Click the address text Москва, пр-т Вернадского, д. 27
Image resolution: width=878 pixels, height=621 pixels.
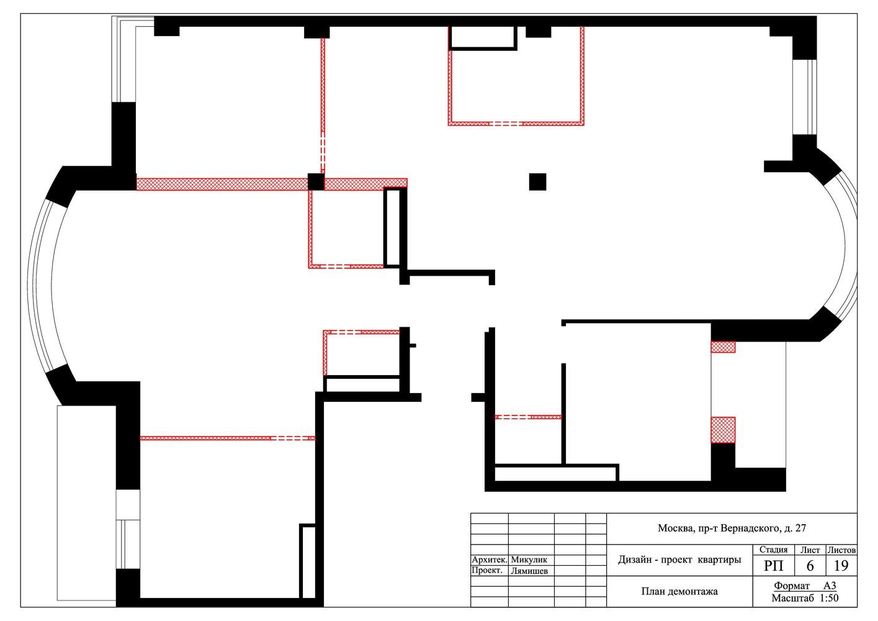(x=732, y=528)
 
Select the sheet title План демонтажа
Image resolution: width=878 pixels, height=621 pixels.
(x=679, y=592)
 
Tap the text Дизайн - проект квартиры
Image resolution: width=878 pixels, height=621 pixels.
(x=679, y=560)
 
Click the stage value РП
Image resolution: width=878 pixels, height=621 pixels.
(x=774, y=566)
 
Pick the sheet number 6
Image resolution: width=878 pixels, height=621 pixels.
(x=810, y=566)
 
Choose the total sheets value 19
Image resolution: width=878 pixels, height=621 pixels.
(x=841, y=566)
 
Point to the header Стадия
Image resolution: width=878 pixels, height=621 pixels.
(x=773, y=550)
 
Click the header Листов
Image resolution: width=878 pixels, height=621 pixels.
(x=841, y=550)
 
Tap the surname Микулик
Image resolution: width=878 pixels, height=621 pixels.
(x=529, y=560)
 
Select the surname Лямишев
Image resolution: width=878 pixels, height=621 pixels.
(x=529, y=571)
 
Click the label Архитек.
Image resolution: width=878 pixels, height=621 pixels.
(x=490, y=560)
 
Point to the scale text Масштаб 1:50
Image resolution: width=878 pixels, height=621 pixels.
(x=805, y=598)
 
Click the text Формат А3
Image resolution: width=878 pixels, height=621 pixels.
(x=805, y=586)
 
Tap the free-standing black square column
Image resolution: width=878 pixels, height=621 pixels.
(x=537, y=182)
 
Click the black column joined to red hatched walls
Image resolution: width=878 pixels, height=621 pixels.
(x=316, y=182)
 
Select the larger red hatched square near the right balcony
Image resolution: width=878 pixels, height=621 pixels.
(x=723, y=430)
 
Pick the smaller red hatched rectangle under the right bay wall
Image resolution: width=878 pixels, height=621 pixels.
(x=723, y=347)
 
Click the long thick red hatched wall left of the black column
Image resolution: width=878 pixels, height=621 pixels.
(x=222, y=184)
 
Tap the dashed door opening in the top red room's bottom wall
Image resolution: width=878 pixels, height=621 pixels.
(x=506, y=124)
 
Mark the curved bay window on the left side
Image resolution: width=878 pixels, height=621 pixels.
(x=40, y=284)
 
